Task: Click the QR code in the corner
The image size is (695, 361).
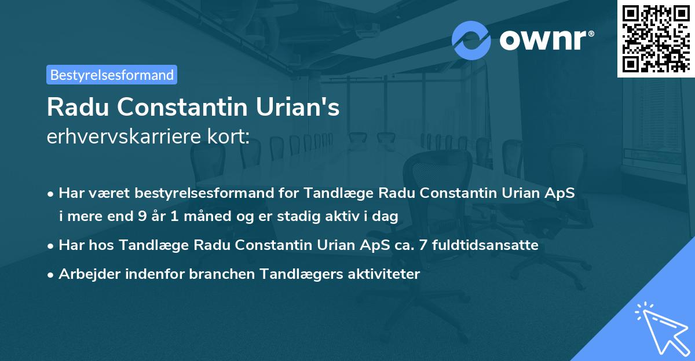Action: click(x=656, y=38)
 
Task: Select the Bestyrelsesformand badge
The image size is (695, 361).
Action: click(x=112, y=75)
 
